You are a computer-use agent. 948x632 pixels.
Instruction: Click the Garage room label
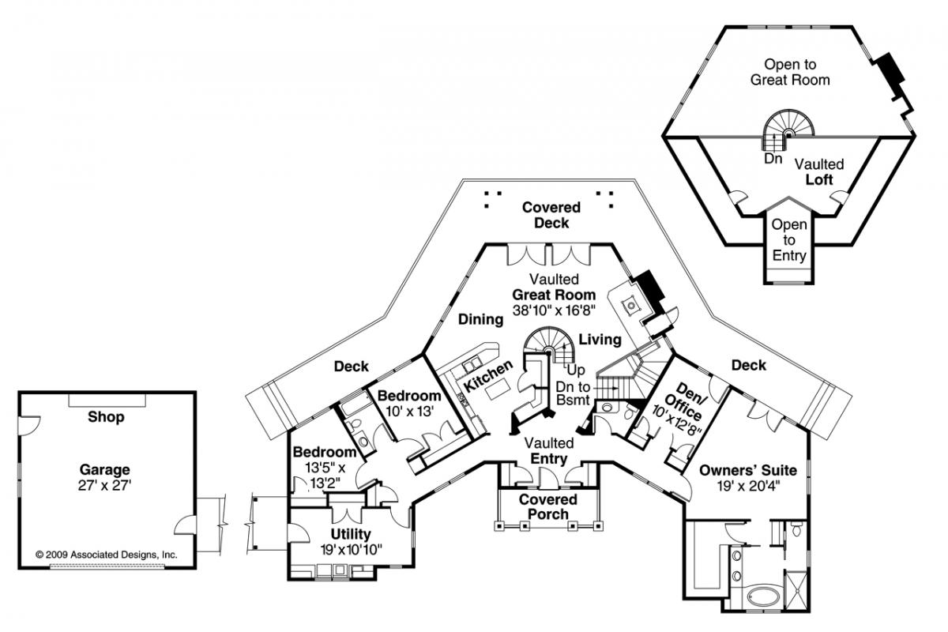pyautogui.click(x=107, y=469)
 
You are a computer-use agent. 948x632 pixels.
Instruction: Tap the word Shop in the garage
pyautogui.click(x=106, y=417)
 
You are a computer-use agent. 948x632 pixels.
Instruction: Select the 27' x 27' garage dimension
pyautogui.click(x=107, y=484)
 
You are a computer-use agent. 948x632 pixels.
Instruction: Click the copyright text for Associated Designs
pyautogui.click(x=107, y=555)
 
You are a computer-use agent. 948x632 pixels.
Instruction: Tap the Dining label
pyautogui.click(x=480, y=320)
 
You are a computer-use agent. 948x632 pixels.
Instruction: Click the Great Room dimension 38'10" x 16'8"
pyautogui.click(x=555, y=310)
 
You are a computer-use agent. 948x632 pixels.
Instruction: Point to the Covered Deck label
pyautogui.click(x=551, y=215)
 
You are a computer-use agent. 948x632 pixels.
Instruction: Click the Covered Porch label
pyautogui.click(x=548, y=506)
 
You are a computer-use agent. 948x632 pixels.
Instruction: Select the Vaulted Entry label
pyautogui.click(x=548, y=451)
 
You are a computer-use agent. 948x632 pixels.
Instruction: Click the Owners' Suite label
pyautogui.click(x=748, y=471)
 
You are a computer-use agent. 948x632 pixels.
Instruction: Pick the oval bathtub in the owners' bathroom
pyautogui.click(x=763, y=594)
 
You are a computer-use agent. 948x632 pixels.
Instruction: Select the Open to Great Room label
pyautogui.click(x=790, y=72)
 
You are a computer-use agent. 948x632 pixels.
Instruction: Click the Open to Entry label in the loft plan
pyautogui.click(x=788, y=239)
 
